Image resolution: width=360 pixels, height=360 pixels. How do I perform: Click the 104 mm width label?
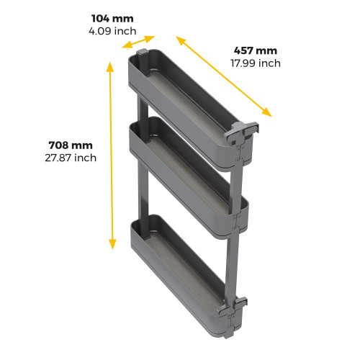pos(112,18)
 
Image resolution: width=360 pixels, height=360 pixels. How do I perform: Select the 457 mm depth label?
pos(255,50)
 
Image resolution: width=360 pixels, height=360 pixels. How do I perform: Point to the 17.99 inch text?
pos(255,63)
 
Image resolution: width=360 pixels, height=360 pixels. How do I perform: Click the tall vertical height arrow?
pos(111,155)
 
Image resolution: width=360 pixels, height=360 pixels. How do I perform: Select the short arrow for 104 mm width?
pos(140,42)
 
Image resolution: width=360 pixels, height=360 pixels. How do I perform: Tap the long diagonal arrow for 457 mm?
pos(223,76)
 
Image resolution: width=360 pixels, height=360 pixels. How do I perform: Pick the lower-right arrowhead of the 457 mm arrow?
pos(268,112)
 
